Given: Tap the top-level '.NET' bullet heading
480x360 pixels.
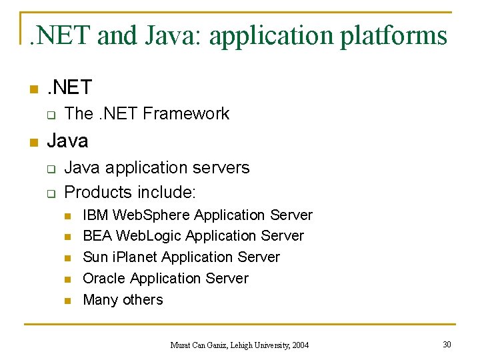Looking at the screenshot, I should point(69,87).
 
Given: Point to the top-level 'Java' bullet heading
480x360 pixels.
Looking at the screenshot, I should point(67,141).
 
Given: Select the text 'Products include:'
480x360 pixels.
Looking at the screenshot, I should point(130,192).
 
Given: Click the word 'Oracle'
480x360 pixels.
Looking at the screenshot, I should point(104,279).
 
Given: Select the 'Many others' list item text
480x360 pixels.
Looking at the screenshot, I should point(123,300).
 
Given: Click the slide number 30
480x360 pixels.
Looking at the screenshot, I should point(447,344).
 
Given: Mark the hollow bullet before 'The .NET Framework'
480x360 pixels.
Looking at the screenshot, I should point(49,115).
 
